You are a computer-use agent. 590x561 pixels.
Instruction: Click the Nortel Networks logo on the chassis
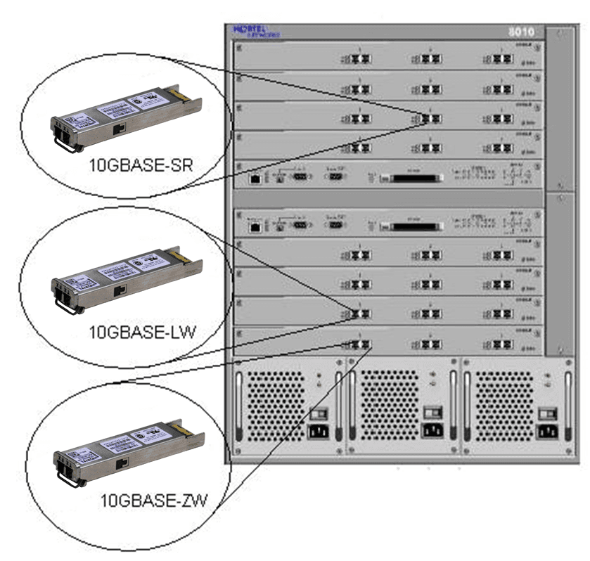255,31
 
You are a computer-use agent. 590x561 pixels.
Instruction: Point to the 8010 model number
520,32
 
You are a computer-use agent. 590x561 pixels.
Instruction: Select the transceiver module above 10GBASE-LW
127,279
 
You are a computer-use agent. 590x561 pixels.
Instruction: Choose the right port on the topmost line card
501,60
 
